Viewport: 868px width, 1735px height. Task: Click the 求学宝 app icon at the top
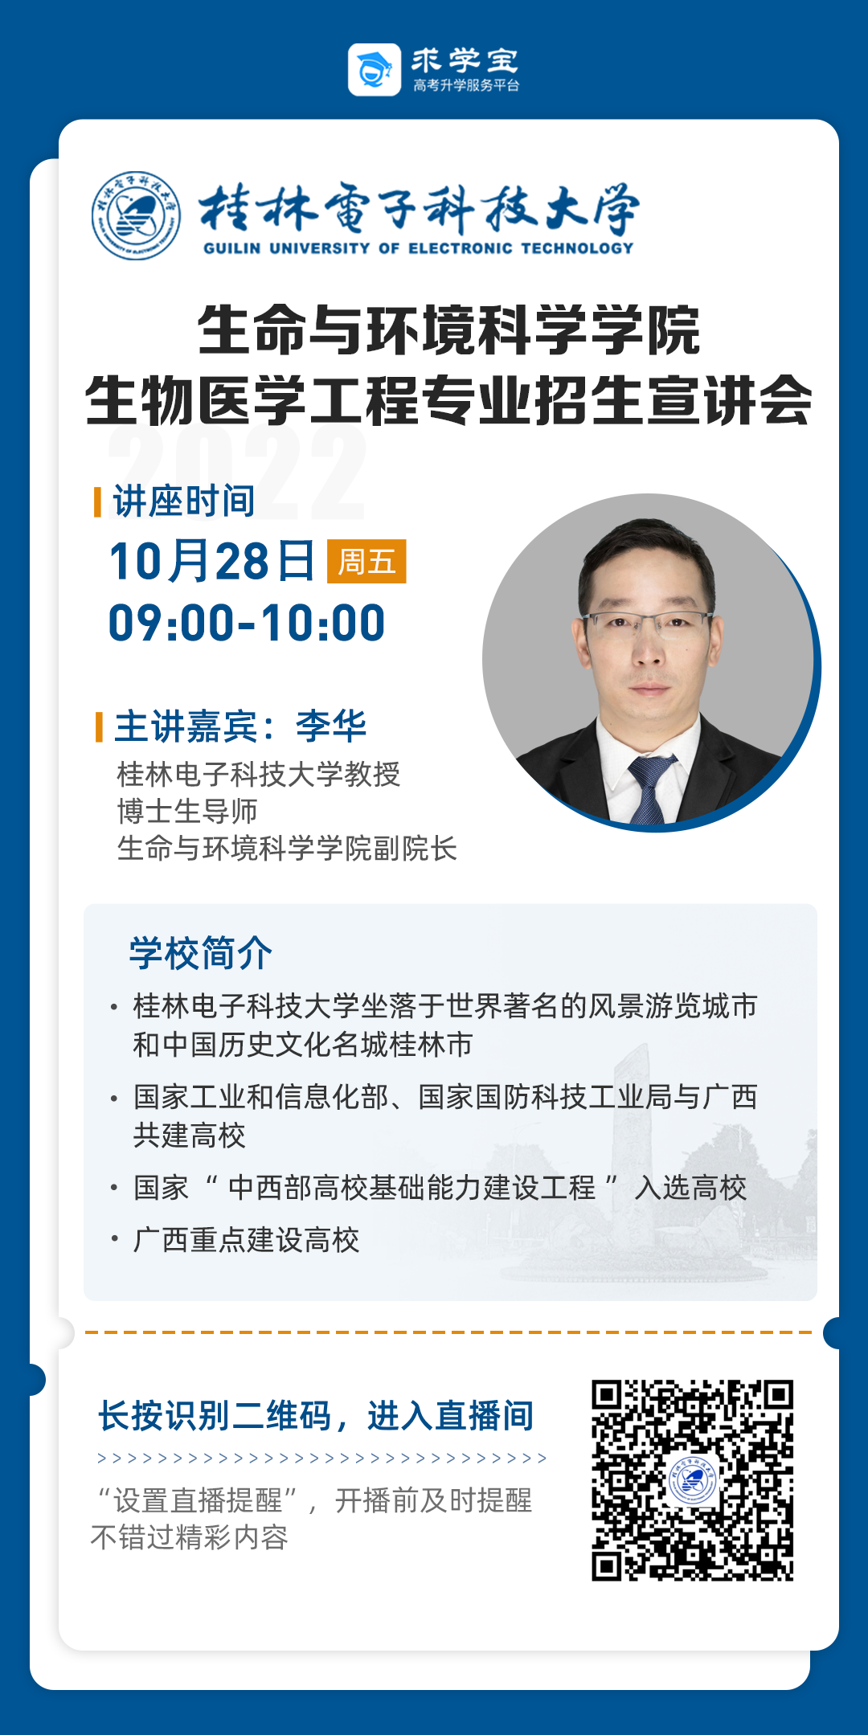click(x=375, y=70)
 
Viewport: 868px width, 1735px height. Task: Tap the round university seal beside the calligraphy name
click(x=136, y=215)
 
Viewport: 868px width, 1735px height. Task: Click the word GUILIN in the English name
click(x=231, y=248)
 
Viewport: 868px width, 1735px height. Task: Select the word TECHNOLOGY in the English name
click(x=577, y=248)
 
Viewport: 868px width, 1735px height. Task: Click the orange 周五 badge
click(x=366, y=561)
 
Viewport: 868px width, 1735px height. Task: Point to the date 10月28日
click(x=212, y=561)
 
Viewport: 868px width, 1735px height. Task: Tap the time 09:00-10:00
click(x=247, y=623)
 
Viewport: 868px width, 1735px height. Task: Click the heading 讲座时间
click(x=184, y=501)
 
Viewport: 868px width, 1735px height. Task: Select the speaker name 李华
click(x=331, y=726)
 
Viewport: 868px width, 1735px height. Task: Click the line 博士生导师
click(x=187, y=812)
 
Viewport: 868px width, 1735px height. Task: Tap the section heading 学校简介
click(x=201, y=954)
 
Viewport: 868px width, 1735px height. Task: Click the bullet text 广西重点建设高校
click(x=247, y=1240)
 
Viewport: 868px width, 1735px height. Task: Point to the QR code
click(x=693, y=1480)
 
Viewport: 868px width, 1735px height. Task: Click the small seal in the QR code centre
click(x=693, y=1480)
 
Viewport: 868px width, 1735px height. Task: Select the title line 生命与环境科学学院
click(x=449, y=330)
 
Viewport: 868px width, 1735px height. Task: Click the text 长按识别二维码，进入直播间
click(x=316, y=1416)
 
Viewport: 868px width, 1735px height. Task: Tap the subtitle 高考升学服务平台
click(x=466, y=85)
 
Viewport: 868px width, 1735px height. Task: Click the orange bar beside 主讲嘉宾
click(x=99, y=726)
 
